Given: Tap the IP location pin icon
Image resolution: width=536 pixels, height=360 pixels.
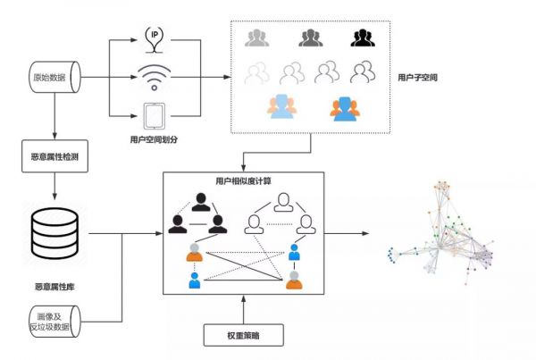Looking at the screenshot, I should tap(154, 36).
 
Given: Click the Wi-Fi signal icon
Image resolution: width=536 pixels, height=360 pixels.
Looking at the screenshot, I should tap(154, 76).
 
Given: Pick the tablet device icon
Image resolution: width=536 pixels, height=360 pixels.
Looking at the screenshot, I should tap(154, 115).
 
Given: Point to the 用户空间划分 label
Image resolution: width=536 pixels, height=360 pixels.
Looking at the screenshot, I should tap(154, 140).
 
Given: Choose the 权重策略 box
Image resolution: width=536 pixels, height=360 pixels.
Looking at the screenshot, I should tap(244, 336).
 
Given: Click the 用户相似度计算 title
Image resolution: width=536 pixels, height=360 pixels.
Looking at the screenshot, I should tap(244, 180).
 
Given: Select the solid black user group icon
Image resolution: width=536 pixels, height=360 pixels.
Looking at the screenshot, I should tap(362, 38).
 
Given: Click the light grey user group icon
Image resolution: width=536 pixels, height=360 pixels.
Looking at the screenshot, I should tap(257, 38).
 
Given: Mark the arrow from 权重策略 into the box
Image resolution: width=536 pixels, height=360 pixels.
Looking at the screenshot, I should tap(244, 309).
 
